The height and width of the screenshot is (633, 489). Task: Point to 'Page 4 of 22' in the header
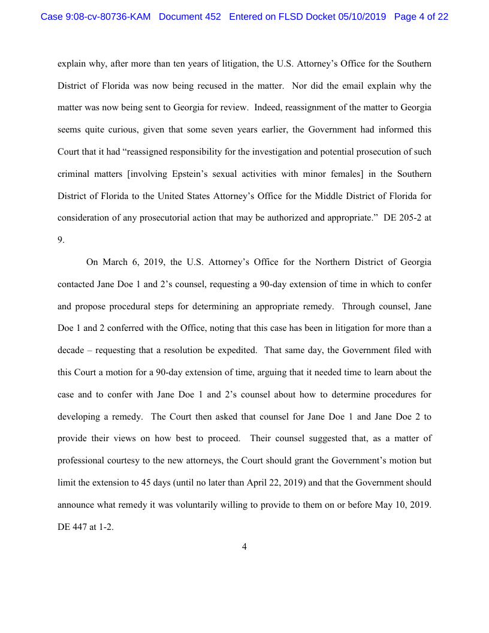coord(421,17)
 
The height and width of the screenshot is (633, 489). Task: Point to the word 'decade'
coord(72,349)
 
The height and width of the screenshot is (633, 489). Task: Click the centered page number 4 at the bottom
coord(244,546)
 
